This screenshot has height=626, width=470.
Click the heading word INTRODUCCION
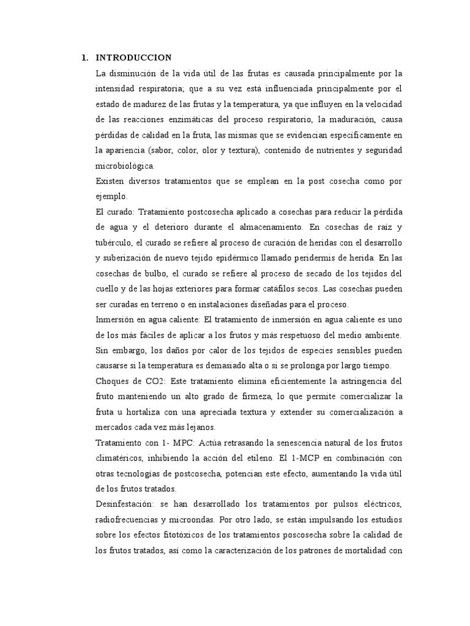(133, 58)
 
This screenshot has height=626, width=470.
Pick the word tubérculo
(114, 243)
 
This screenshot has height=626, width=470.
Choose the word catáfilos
(273, 289)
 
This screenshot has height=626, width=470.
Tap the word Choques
(111, 381)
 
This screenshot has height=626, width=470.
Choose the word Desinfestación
(125, 504)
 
